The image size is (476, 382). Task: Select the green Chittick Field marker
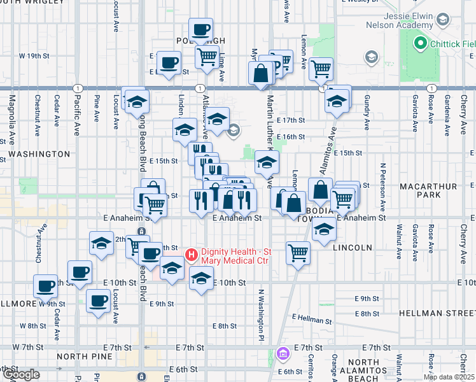coord(419,43)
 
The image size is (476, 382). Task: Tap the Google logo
coord(20,374)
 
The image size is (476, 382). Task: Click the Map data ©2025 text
coord(449,377)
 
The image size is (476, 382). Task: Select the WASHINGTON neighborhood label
coord(39,154)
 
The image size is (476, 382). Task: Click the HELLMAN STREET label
coord(437,314)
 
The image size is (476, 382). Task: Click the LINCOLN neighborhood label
coord(351,247)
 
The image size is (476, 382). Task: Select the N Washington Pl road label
coord(261,312)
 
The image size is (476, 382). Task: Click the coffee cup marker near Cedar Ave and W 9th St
coord(45,286)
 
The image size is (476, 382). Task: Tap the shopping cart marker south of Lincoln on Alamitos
coord(298,253)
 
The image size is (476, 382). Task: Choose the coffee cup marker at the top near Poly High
coord(200,29)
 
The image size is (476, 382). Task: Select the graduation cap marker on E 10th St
coord(201,278)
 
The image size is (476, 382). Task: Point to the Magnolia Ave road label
coord(11,115)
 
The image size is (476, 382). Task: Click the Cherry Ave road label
coord(463,115)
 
